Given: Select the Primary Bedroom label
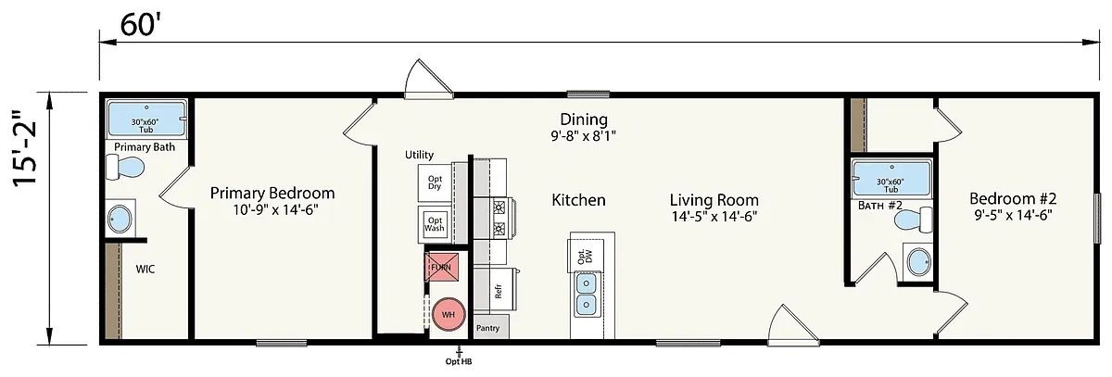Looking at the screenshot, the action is click(x=272, y=193).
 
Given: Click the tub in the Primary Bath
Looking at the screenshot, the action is click(x=147, y=119).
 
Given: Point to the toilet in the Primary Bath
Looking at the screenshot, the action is click(x=125, y=167).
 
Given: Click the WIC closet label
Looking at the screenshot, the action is click(x=145, y=270).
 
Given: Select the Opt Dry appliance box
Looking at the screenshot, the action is click(x=435, y=182).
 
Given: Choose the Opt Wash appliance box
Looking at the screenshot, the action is click(x=435, y=224).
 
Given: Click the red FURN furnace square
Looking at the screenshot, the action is click(x=441, y=267).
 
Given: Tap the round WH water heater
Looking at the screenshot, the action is click(x=449, y=315).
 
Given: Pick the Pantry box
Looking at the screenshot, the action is click(x=490, y=327).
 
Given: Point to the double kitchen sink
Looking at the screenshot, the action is click(x=586, y=295).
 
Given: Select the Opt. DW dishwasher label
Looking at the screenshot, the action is click(x=585, y=256).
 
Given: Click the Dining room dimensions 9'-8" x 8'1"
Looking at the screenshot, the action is click(x=584, y=136).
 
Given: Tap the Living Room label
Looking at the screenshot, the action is click(x=714, y=200).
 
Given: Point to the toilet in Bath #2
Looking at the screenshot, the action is click(x=914, y=220).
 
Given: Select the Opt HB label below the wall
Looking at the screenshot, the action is click(x=459, y=361).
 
